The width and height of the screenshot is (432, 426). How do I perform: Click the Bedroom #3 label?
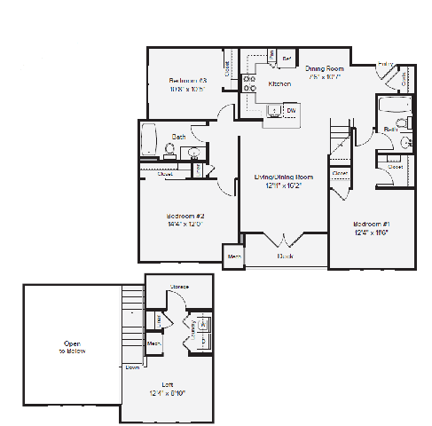point(187,79)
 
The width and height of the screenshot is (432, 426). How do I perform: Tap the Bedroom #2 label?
point(185,217)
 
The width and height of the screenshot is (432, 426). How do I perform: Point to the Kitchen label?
point(279,83)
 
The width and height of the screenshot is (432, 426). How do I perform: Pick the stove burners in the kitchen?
point(248,83)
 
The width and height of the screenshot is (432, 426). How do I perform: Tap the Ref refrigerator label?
point(287,59)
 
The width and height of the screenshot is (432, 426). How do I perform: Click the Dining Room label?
point(325,67)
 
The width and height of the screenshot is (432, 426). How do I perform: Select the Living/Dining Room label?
point(283,177)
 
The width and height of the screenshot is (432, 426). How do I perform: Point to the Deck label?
point(285,256)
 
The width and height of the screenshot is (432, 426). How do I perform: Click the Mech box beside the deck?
point(234,256)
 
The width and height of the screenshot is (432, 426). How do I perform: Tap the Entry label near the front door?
point(385,64)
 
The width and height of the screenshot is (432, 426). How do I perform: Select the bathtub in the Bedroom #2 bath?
point(152,138)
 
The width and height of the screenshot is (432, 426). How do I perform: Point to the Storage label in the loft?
point(179,287)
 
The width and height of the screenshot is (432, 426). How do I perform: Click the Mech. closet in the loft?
point(153,343)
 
